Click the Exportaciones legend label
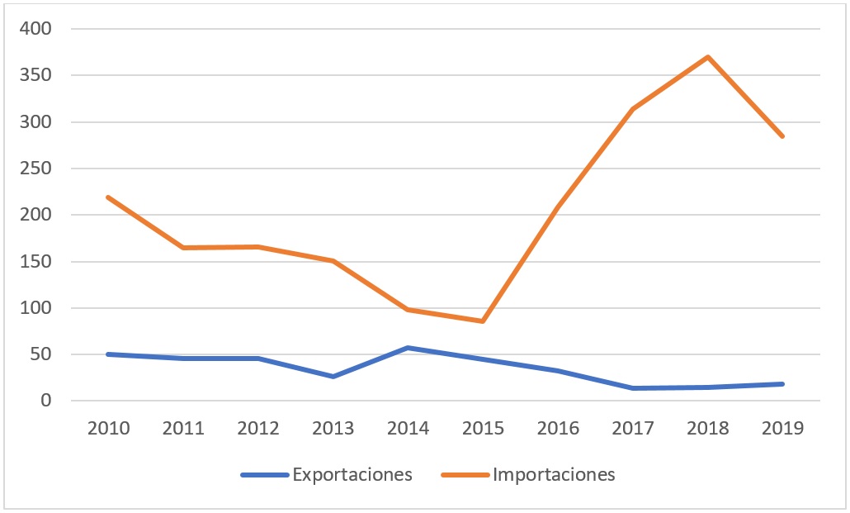[352, 474]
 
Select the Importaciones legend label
[554, 474]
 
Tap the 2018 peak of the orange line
[708, 57]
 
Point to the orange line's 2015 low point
[483, 321]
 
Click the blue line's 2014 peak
[408, 348]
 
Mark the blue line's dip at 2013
[333, 377]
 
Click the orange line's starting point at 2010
[108, 197]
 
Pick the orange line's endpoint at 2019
[782, 136]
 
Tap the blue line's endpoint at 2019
[782, 384]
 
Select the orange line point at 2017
[633, 109]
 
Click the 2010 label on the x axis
[108, 430]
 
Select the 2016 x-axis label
[558, 430]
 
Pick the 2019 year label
[782, 430]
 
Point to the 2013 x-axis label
[333, 430]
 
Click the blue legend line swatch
[264, 475]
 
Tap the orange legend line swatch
[465, 475]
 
